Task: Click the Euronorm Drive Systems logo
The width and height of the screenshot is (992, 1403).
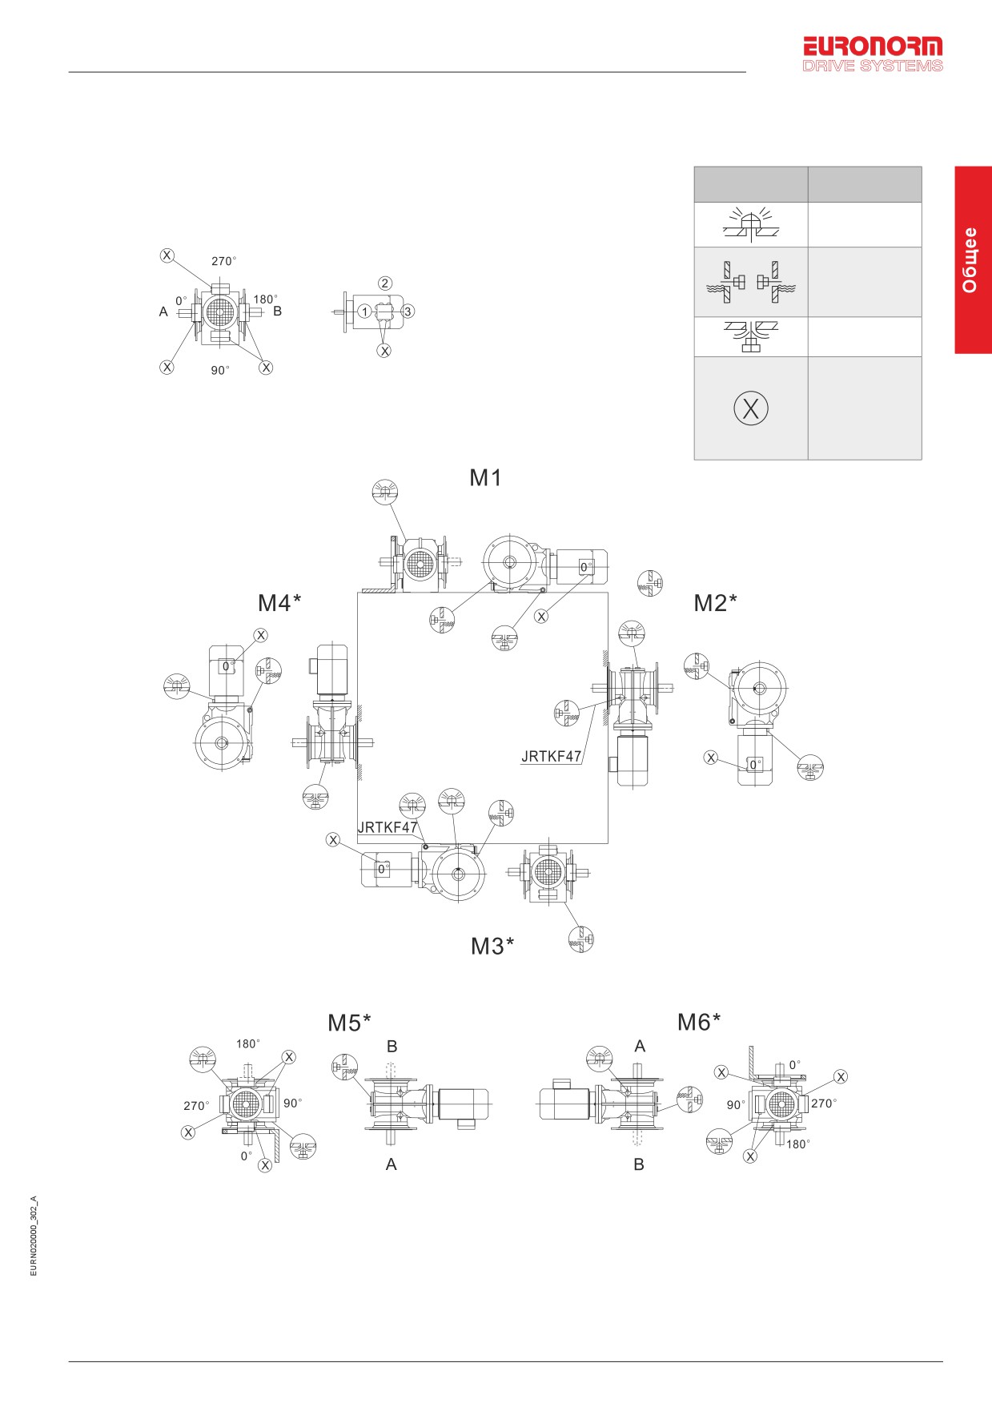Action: (x=873, y=54)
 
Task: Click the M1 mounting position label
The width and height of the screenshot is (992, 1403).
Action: (x=485, y=478)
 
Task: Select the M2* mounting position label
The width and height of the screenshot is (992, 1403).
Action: (x=715, y=603)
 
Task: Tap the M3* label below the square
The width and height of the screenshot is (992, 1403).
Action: (x=492, y=947)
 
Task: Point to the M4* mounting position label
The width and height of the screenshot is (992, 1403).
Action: (x=279, y=603)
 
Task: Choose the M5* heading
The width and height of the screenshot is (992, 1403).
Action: (x=349, y=1023)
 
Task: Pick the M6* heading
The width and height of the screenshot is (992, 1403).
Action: (x=699, y=1022)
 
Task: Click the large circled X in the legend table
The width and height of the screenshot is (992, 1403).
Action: (x=751, y=408)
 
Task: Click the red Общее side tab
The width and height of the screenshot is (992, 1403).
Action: (x=973, y=260)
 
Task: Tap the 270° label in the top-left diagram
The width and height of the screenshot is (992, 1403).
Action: (x=223, y=261)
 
